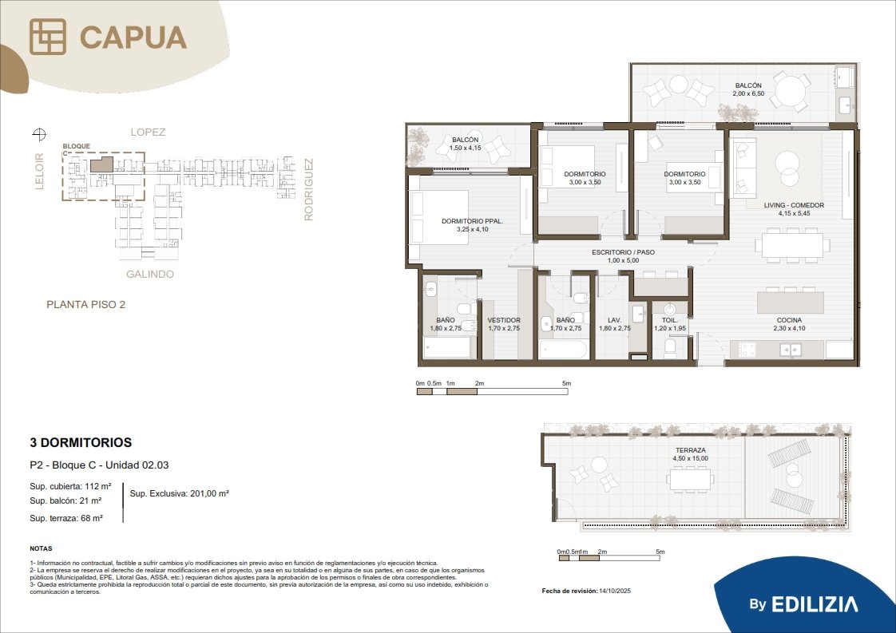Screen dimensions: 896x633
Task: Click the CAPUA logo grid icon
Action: point(48,37)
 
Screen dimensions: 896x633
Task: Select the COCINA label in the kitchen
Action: point(789,321)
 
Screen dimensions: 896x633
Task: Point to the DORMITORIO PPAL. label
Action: point(472,221)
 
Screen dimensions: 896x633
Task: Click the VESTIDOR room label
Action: point(503,321)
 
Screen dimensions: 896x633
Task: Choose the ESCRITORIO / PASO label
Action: point(623,252)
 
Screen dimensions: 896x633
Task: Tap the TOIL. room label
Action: point(669,321)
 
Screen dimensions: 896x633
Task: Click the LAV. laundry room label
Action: point(614,321)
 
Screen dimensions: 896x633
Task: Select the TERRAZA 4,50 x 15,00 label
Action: point(690,454)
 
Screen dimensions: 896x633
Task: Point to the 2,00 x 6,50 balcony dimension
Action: point(748,93)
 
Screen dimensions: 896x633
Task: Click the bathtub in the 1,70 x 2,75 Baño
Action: point(562,349)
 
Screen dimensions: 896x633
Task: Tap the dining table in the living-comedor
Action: point(792,246)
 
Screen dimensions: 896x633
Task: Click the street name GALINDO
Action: point(149,275)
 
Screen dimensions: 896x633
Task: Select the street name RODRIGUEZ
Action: point(308,189)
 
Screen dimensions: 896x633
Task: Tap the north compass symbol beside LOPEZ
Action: point(39,134)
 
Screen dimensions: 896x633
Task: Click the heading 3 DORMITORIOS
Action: point(81,442)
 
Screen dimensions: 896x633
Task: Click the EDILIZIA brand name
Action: point(815,604)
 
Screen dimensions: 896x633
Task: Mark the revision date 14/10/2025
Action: point(615,591)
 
